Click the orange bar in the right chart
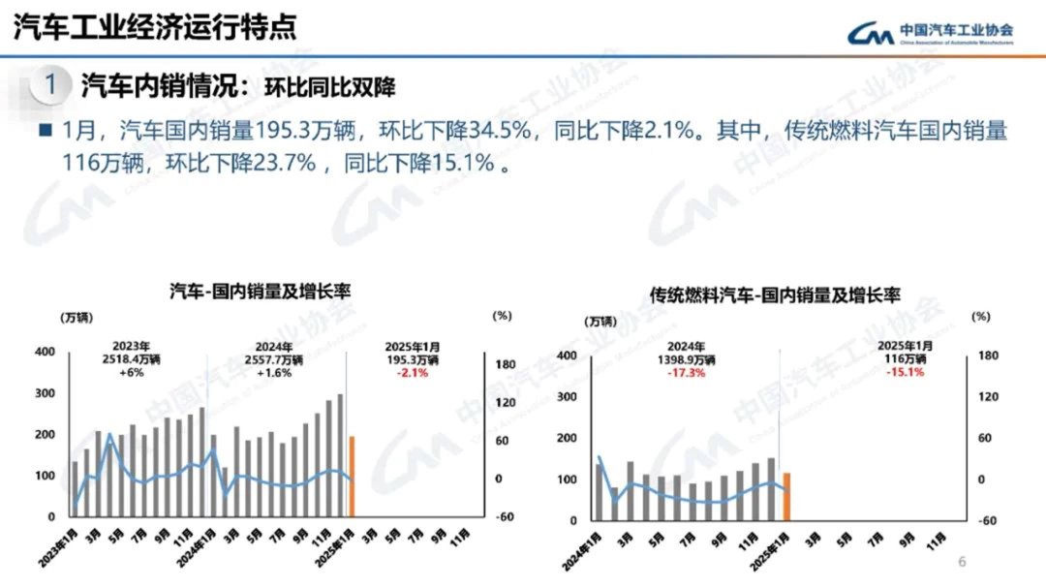(x=787, y=496)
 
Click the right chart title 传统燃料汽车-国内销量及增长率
(x=775, y=294)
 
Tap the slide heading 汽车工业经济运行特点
(x=155, y=27)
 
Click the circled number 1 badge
(x=50, y=84)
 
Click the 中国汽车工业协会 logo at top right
(x=930, y=33)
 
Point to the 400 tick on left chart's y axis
(x=46, y=352)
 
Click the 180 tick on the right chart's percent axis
(x=987, y=356)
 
